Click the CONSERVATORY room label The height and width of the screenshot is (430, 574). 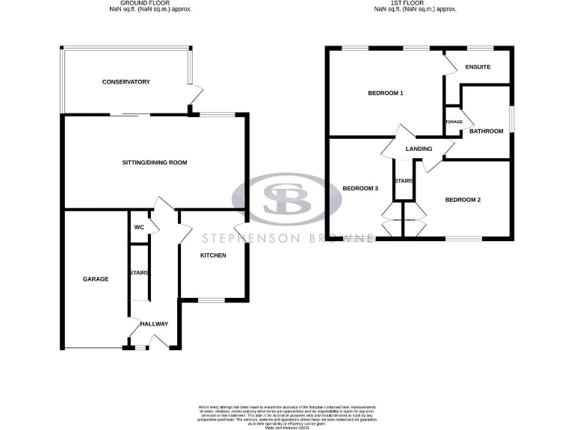click(x=126, y=81)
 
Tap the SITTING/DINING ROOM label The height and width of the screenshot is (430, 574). click(x=155, y=162)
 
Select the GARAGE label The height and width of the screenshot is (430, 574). click(x=96, y=279)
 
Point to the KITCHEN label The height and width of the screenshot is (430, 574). click(x=213, y=255)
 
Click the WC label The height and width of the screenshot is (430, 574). click(x=139, y=228)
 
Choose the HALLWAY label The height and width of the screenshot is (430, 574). click(x=153, y=323)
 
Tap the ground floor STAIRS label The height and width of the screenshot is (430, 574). click(x=139, y=272)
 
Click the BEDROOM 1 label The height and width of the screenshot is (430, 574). click(x=386, y=93)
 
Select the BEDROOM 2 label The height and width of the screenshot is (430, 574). click(x=463, y=199)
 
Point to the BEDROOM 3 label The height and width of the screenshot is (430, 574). click(x=360, y=188)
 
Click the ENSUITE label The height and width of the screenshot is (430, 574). click(x=478, y=67)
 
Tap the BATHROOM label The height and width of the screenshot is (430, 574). click(x=487, y=131)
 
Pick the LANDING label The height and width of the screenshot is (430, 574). click(x=419, y=149)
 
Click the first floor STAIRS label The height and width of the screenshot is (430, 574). click(x=404, y=181)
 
